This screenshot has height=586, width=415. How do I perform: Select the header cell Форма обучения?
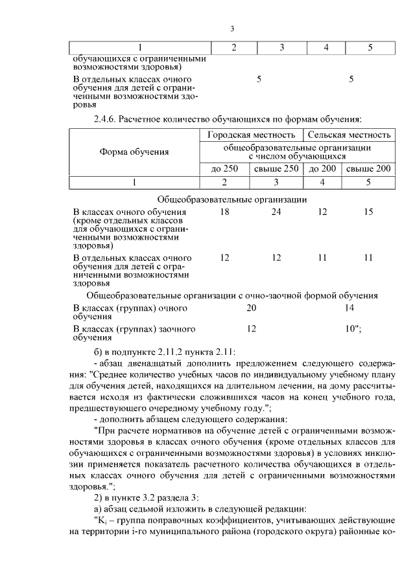(x=134, y=152)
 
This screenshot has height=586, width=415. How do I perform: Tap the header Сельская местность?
(x=350, y=135)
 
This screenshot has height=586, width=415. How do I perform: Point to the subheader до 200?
(x=322, y=169)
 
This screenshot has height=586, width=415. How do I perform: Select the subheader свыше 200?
(x=368, y=169)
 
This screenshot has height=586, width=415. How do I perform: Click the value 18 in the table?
(x=225, y=212)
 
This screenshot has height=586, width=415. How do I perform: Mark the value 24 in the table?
(x=276, y=212)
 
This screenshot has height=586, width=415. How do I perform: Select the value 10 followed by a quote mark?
(x=353, y=329)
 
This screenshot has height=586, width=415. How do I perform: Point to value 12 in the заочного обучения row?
(x=252, y=329)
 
